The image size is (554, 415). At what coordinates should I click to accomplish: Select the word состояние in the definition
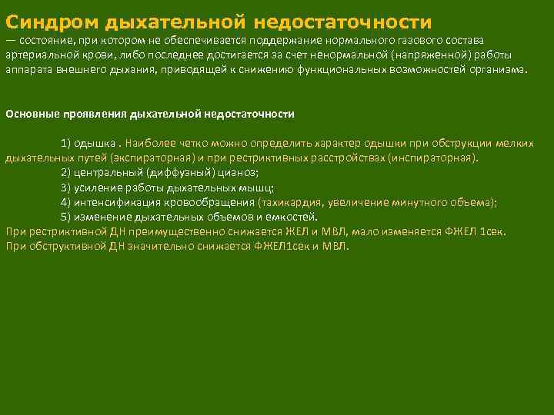click(48, 40)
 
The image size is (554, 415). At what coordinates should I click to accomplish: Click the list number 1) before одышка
click(66, 144)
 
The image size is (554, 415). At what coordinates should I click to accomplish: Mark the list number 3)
click(66, 188)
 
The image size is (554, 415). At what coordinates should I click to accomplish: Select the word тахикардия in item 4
click(292, 202)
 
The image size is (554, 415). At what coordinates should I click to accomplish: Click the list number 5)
click(66, 217)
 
